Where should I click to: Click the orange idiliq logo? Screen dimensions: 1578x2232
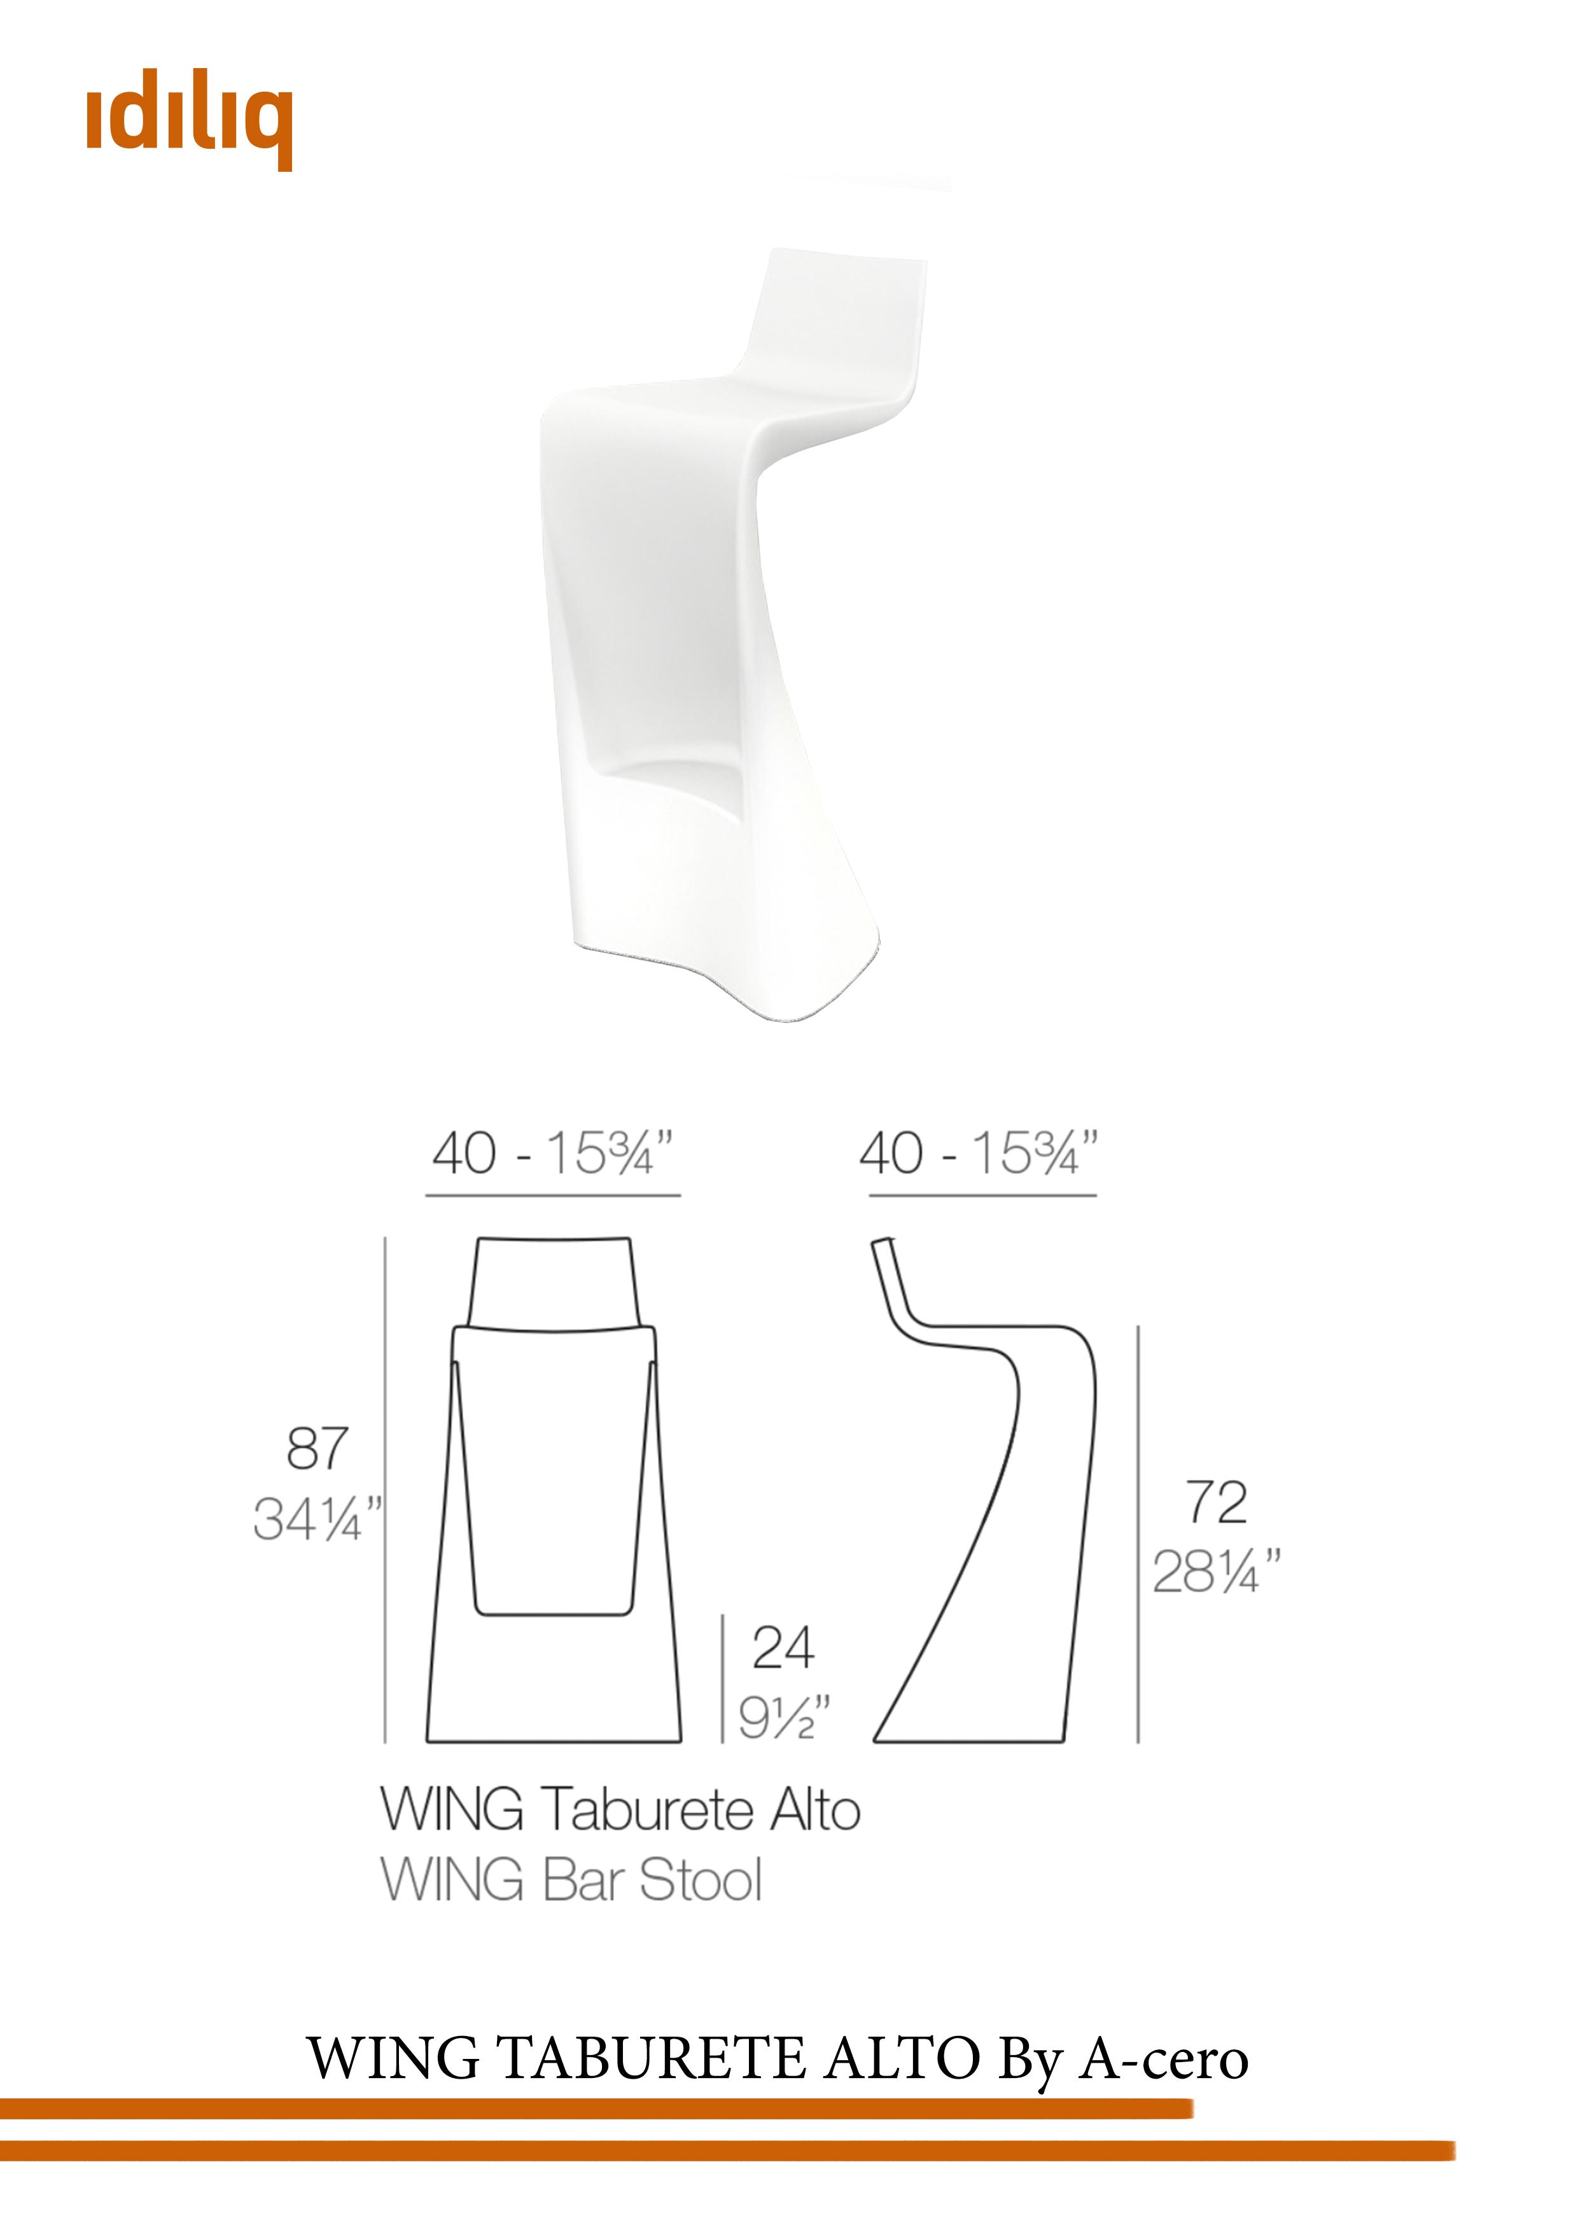[190, 125]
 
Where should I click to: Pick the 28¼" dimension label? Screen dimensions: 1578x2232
[1217, 1572]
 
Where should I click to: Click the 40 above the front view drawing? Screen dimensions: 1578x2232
[464, 1154]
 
